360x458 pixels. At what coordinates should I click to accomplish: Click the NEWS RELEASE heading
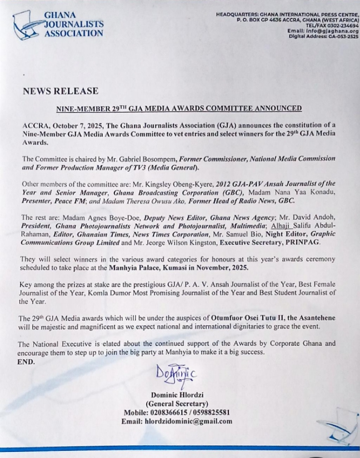tap(61, 91)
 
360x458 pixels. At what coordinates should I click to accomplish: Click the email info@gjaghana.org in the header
tap(323, 31)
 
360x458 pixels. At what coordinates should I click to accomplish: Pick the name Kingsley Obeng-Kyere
tap(197, 183)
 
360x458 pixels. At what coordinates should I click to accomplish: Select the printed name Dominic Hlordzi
tap(177, 395)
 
